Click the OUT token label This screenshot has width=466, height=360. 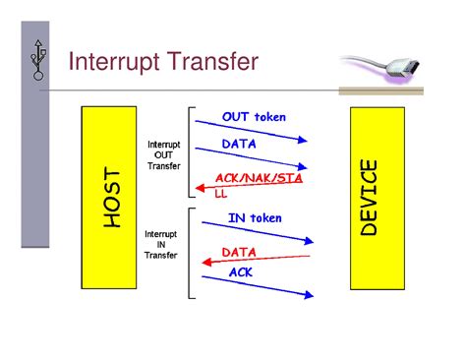254,117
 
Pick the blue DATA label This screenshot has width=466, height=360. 240,144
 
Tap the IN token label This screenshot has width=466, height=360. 255,217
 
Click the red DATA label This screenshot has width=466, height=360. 240,252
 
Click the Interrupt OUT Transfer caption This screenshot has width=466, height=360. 163,154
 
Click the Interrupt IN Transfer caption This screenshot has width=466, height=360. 160,245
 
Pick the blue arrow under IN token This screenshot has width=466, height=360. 256,232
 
